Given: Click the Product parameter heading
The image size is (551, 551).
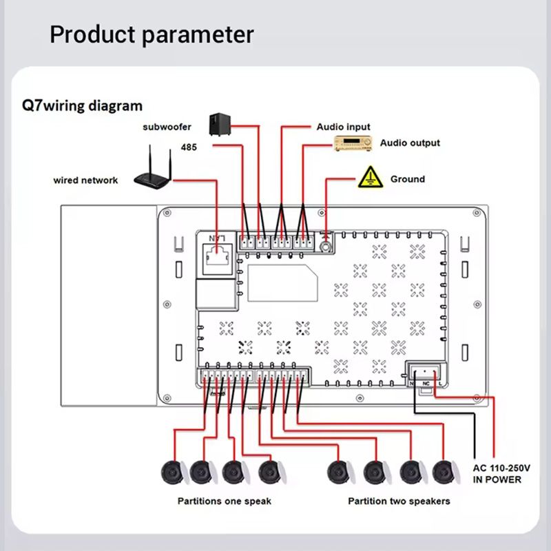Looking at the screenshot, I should coord(152,34).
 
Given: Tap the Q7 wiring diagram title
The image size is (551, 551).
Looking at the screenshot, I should coord(83,106).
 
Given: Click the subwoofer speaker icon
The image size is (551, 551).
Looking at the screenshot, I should coord(220,124).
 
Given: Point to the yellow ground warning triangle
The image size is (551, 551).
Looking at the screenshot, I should coord(370,177).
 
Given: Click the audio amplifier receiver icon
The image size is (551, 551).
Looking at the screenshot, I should coord(352,144).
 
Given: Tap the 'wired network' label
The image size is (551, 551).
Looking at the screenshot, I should coord(85,180).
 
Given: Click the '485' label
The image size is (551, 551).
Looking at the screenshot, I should coord(189,147).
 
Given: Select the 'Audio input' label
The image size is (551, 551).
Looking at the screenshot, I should coord(343,127).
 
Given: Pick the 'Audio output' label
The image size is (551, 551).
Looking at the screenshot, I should coord(410,143).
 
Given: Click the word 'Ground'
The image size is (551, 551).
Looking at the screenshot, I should coord(408,179).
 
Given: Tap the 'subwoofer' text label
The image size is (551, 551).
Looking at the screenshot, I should coord(167,127).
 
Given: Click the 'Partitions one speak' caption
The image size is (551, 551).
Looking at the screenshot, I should coord(225,501).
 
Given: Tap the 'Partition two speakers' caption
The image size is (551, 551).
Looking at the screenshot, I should coord(399,501).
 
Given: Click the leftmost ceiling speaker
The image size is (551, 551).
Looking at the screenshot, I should coord(170,472).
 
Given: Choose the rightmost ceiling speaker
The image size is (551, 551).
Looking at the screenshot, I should coord(444,472).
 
